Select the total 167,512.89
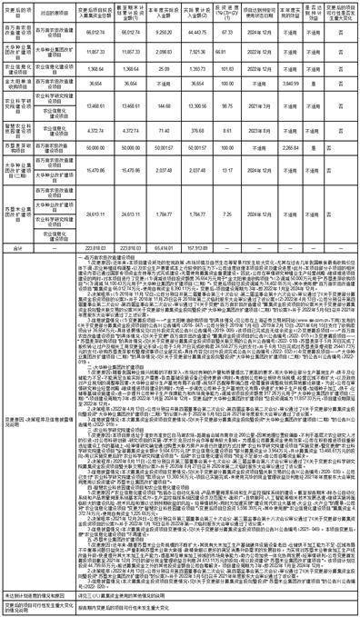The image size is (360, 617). (x=194, y=245)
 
